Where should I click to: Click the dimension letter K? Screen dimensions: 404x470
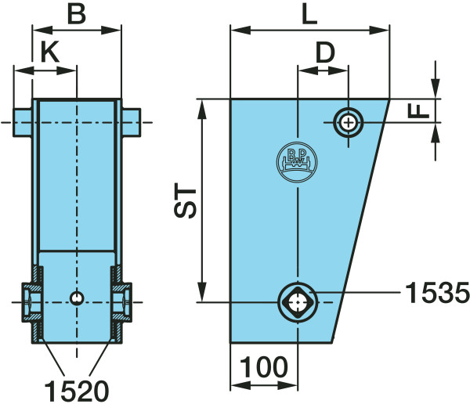tap(49, 53)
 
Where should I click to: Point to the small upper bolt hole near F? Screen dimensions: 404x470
tap(348, 122)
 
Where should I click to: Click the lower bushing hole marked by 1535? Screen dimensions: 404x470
tap(298, 301)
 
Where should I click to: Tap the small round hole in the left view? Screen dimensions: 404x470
tap(77, 298)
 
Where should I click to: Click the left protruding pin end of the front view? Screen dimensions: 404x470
tap(22, 122)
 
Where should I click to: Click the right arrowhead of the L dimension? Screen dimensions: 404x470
tap(385, 31)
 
